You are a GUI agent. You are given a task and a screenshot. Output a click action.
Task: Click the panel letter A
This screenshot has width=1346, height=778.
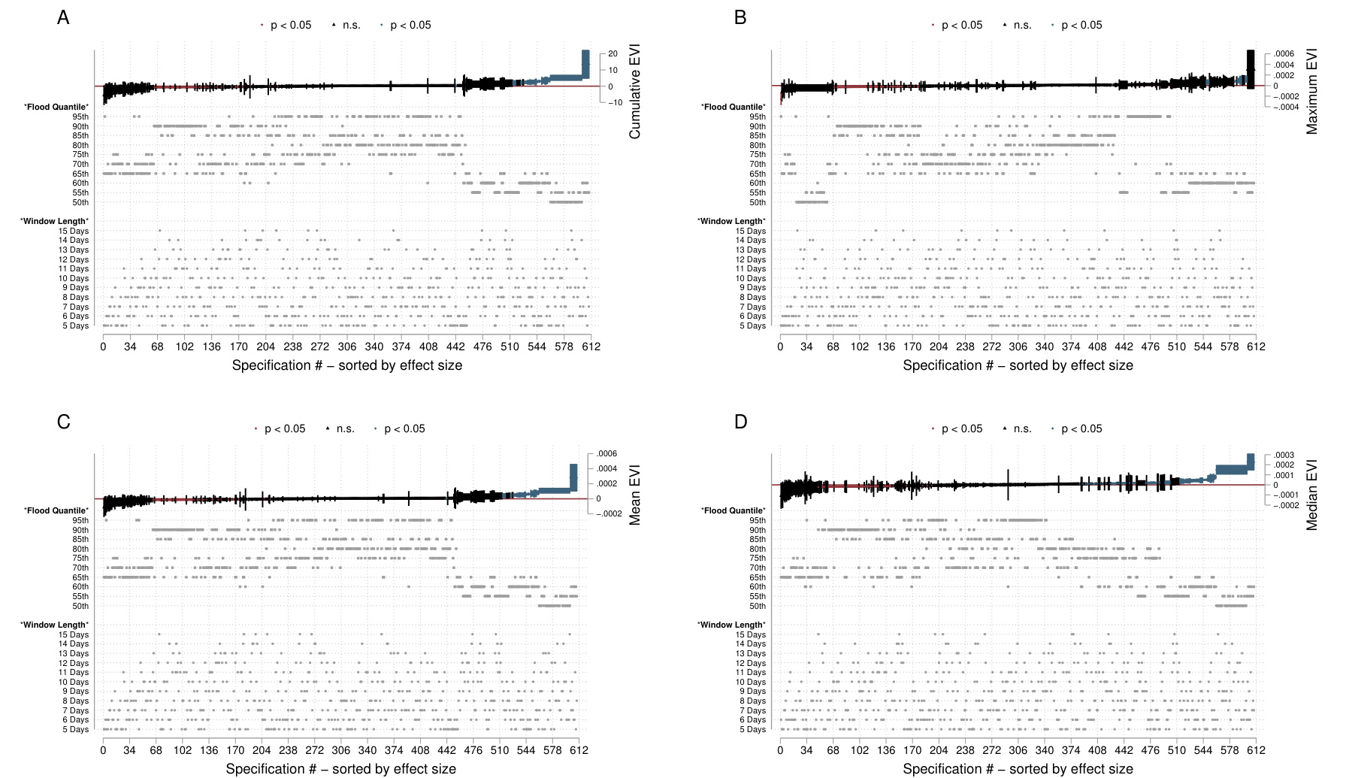pyautogui.click(x=63, y=17)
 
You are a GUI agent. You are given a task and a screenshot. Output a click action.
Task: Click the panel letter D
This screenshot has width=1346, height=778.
pyautogui.click(x=740, y=422)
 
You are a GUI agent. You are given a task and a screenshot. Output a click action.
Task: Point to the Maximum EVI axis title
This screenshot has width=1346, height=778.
pyautogui.click(x=1312, y=92)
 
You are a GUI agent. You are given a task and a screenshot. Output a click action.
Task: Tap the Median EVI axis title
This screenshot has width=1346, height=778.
pyautogui.click(x=1312, y=495)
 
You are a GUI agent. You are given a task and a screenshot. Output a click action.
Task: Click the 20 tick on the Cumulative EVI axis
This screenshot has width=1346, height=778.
pyautogui.click(x=613, y=53)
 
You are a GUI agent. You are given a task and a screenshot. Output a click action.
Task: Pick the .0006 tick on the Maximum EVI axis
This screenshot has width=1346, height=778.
pyautogui.click(x=1284, y=53)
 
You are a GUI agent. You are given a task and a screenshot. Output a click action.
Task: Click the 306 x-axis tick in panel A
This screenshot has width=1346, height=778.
pyautogui.click(x=347, y=347)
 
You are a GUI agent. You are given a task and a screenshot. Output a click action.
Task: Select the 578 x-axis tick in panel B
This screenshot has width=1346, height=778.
pyautogui.click(x=1230, y=347)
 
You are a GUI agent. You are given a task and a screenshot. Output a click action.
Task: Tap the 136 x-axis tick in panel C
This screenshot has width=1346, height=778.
pyautogui.click(x=209, y=750)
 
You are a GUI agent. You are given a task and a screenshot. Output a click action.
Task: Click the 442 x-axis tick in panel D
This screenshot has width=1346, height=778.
pyautogui.click(x=1124, y=750)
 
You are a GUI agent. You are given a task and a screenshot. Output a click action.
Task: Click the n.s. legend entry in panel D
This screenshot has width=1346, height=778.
pyautogui.click(x=1022, y=428)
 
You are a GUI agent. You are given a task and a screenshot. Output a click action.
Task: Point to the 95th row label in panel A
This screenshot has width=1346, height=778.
pyautogui.click(x=80, y=117)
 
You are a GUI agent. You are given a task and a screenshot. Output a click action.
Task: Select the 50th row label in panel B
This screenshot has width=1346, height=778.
pyautogui.click(x=758, y=202)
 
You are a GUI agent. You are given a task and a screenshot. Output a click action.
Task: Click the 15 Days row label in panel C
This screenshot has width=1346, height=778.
pyautogui.click(x=74, y=634)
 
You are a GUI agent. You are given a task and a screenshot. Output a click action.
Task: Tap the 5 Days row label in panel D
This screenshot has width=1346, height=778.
pyautogui.click(x=752, y=729)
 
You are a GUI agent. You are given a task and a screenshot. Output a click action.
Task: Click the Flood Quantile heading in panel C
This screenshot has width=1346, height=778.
pyautogui.click(x=56, y=510)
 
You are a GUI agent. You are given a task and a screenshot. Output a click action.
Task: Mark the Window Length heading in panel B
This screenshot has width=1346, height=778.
pyautogui.click(x=732, y=221)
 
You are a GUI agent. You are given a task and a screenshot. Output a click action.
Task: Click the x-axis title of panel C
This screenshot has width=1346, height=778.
pyautogui.click(x=340, y=768)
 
